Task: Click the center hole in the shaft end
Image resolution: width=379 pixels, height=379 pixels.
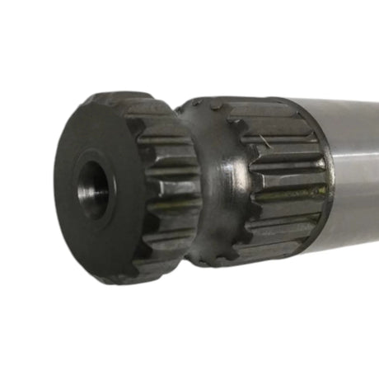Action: coord(90,192)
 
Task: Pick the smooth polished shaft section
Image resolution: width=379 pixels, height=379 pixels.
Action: coord(346,165)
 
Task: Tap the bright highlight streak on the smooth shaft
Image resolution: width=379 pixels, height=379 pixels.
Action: coord(346,132)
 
